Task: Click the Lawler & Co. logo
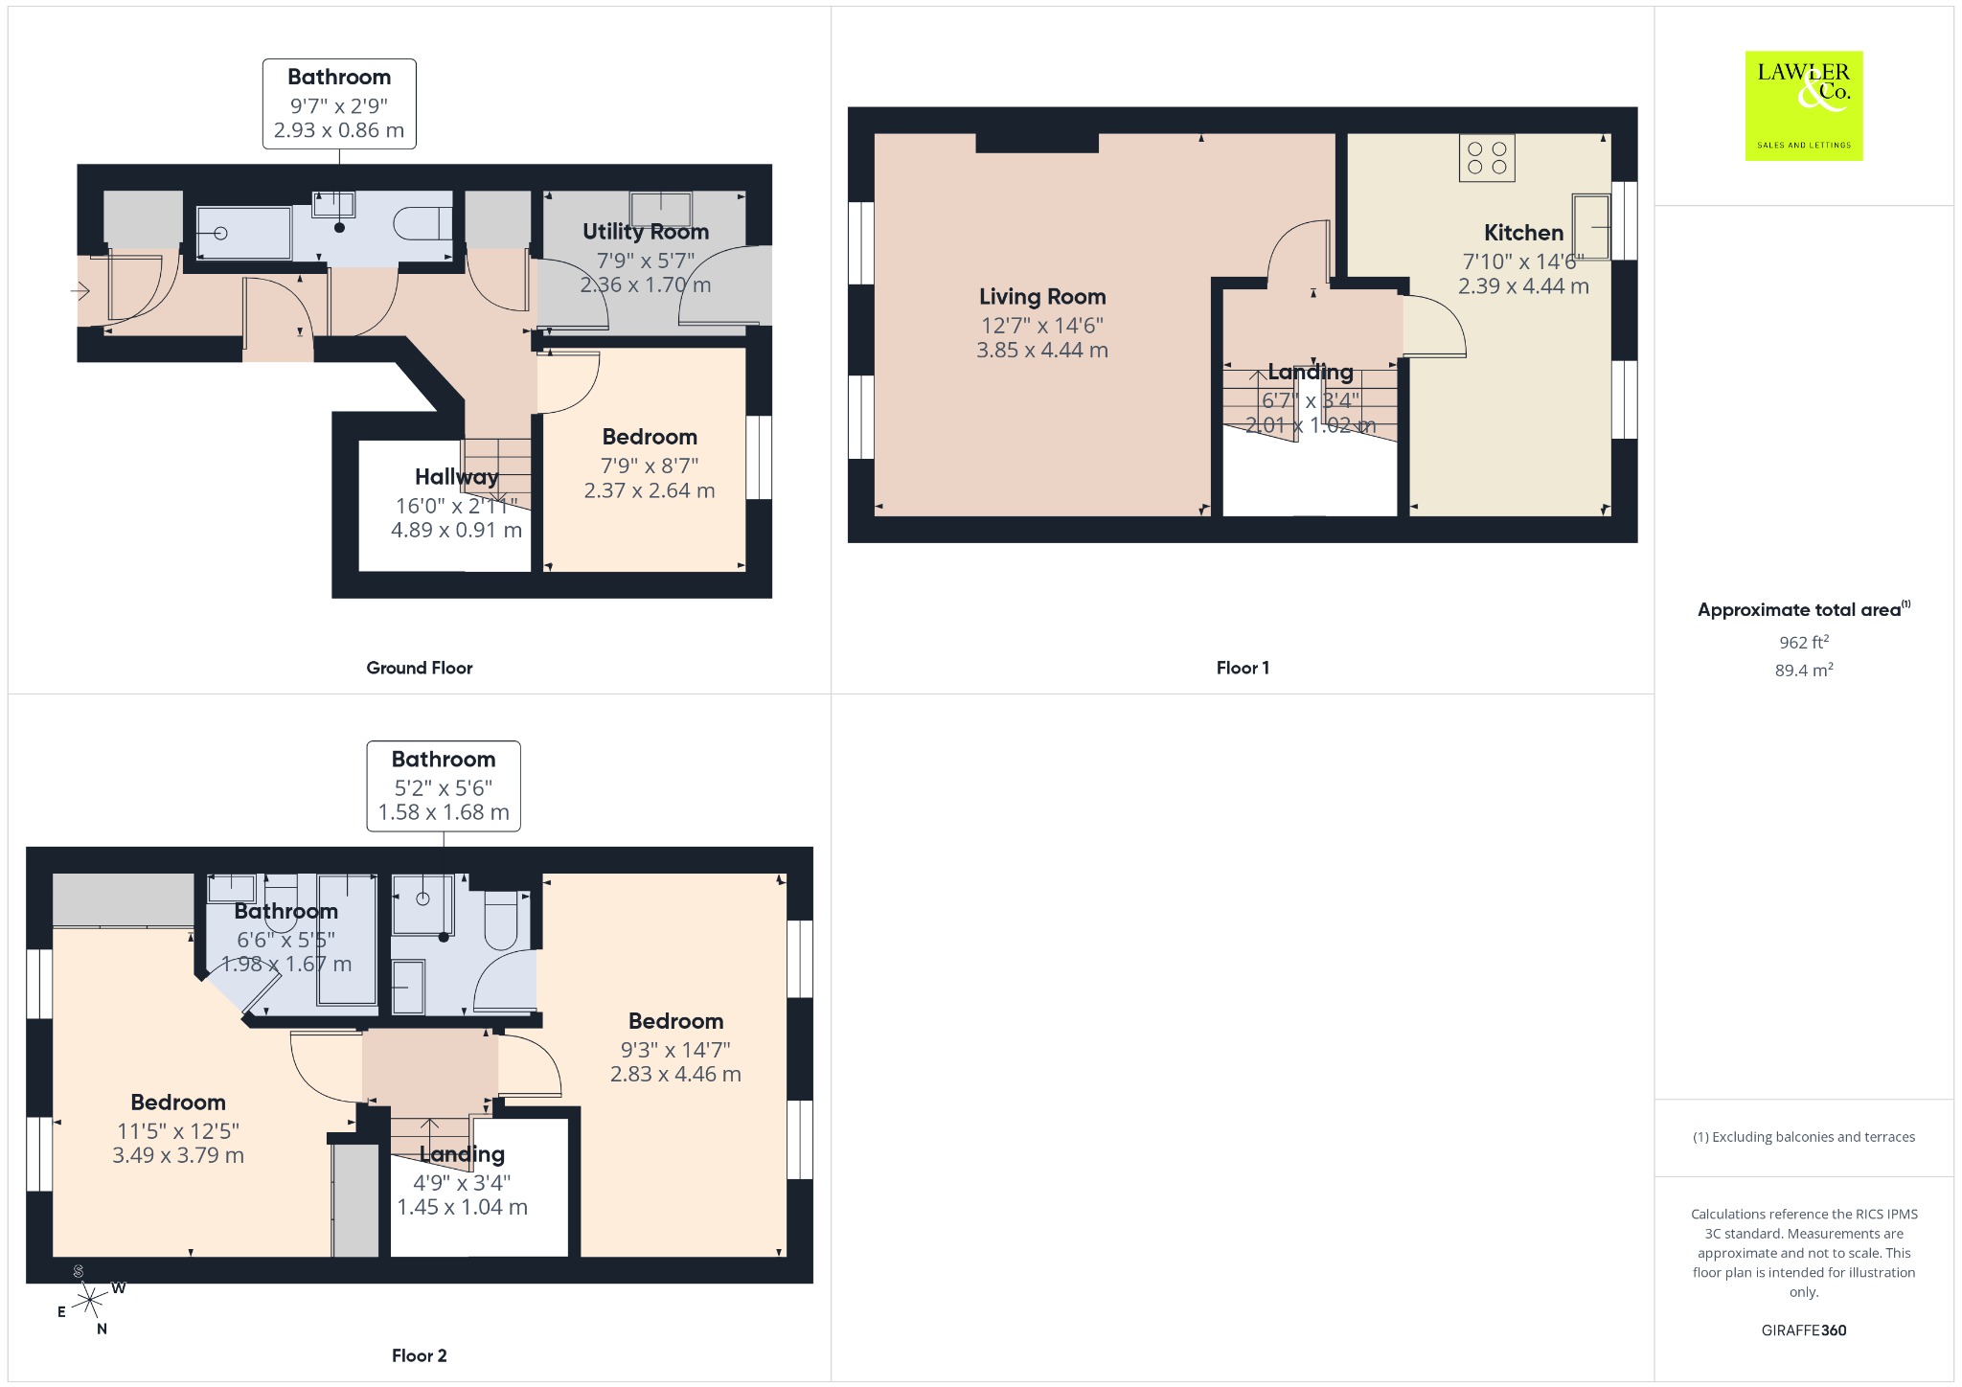[1804, 105]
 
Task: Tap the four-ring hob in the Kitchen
[1487, 158]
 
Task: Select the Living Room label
[1042, 297]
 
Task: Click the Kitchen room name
[1523, 233]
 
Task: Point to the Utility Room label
[646, 232]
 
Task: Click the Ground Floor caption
[420, 668]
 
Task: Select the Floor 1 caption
[1243, 668]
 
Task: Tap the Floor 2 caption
[420, 1355]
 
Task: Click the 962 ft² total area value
[1804, 641]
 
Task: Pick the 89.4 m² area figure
[1804, 670]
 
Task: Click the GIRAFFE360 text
[1804, 1330]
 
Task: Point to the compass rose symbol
[89, 1299]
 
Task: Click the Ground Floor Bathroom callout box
[339, 103]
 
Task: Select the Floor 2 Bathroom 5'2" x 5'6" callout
[444, 785]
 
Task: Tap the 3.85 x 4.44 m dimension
[1042, 351]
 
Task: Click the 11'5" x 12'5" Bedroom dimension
[178, 1131]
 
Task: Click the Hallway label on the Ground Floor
[457, 477]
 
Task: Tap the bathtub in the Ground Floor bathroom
[243, 233]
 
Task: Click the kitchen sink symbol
[1591, 226]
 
